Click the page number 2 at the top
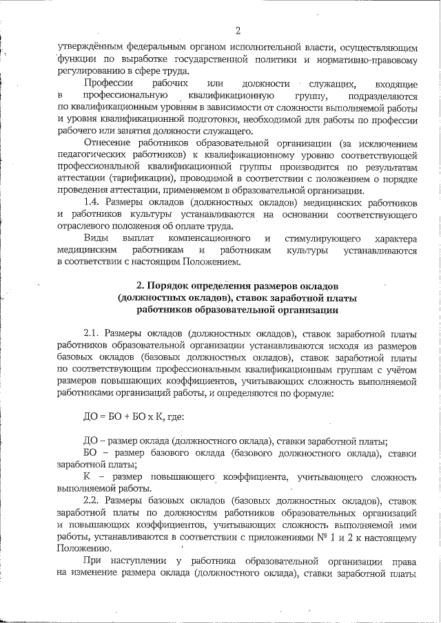237,30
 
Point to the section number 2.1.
93,333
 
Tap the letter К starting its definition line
87,476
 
